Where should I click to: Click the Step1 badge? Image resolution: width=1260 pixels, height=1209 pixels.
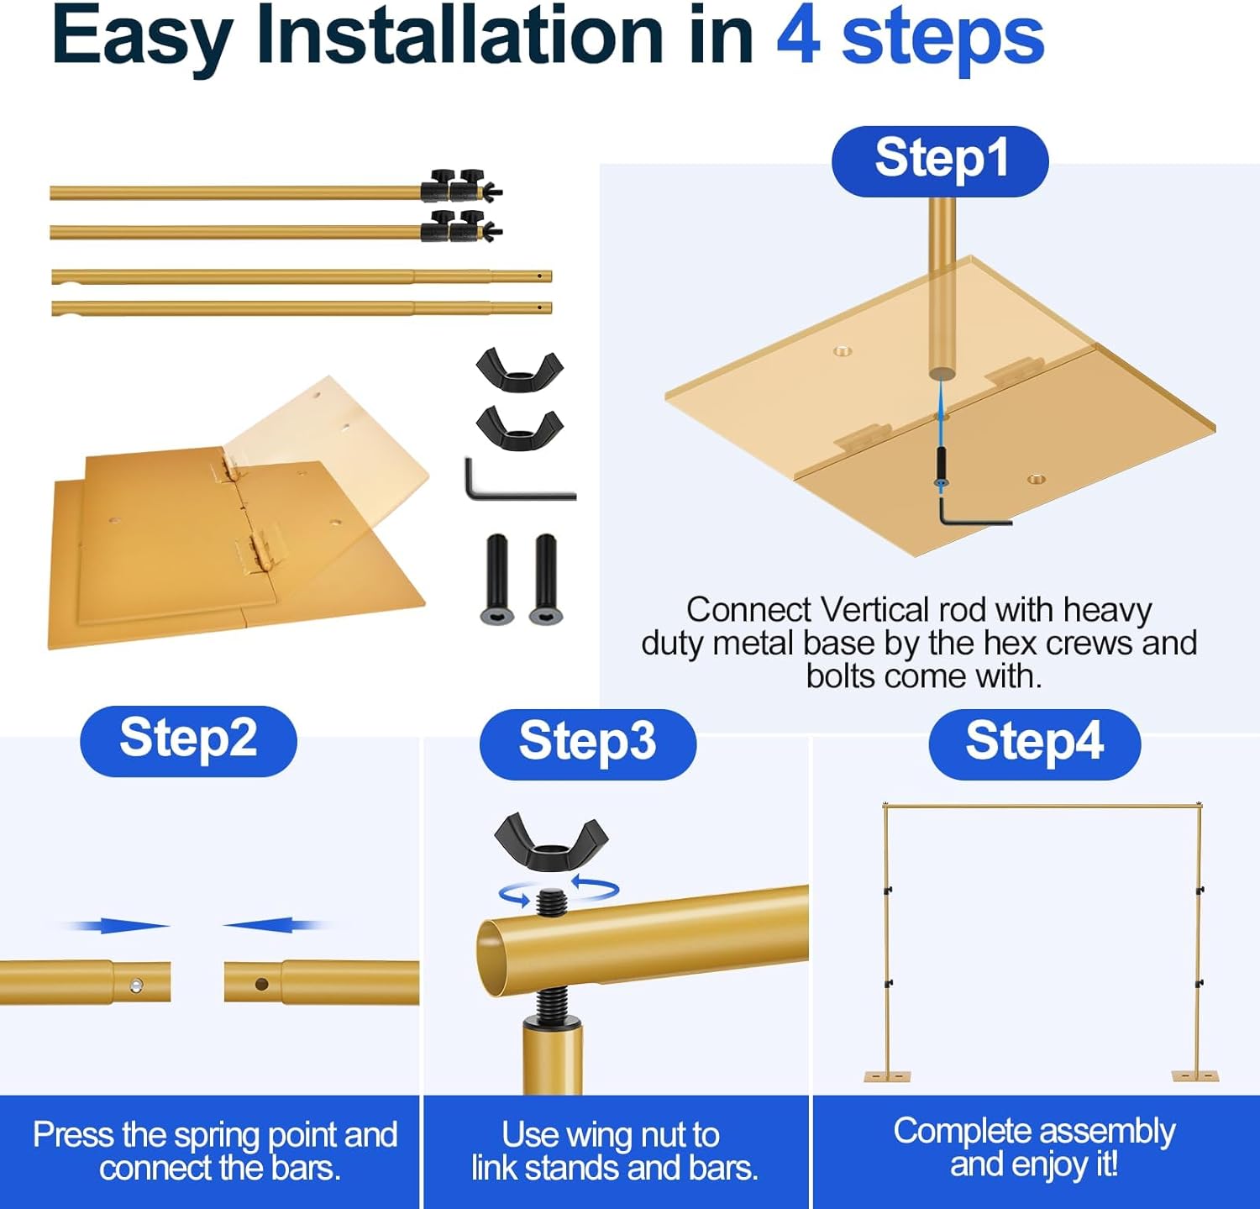pyautogui.click(x=940, y=161)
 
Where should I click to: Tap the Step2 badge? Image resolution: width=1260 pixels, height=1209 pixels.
pyautogui.click(x=188, y=740)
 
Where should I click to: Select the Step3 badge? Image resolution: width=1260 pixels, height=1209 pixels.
pyautogui.click(x=587, y=744)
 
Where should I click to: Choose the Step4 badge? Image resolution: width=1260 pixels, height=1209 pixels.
pyautogui.click(x=1034, y=744)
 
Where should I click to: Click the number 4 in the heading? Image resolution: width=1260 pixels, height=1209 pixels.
pyautogui.click(x=797, y=37)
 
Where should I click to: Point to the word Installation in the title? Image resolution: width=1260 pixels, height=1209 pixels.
pyautogui.click(x=461, y=37)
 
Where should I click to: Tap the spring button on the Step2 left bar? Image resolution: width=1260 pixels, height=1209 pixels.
pyautogui.click(x=135, y=986)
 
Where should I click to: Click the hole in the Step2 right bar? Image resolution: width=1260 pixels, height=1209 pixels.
pyautogui.click(x=261, y=984)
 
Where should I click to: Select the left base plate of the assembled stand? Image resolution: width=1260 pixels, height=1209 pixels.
pyautogui.click(x=887, y=1076)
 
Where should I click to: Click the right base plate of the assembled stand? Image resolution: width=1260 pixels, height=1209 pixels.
pyautogui.click(x=1195, y=1076)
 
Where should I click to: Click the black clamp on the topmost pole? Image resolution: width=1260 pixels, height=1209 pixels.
pyautogui.click(x=461, y=187)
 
